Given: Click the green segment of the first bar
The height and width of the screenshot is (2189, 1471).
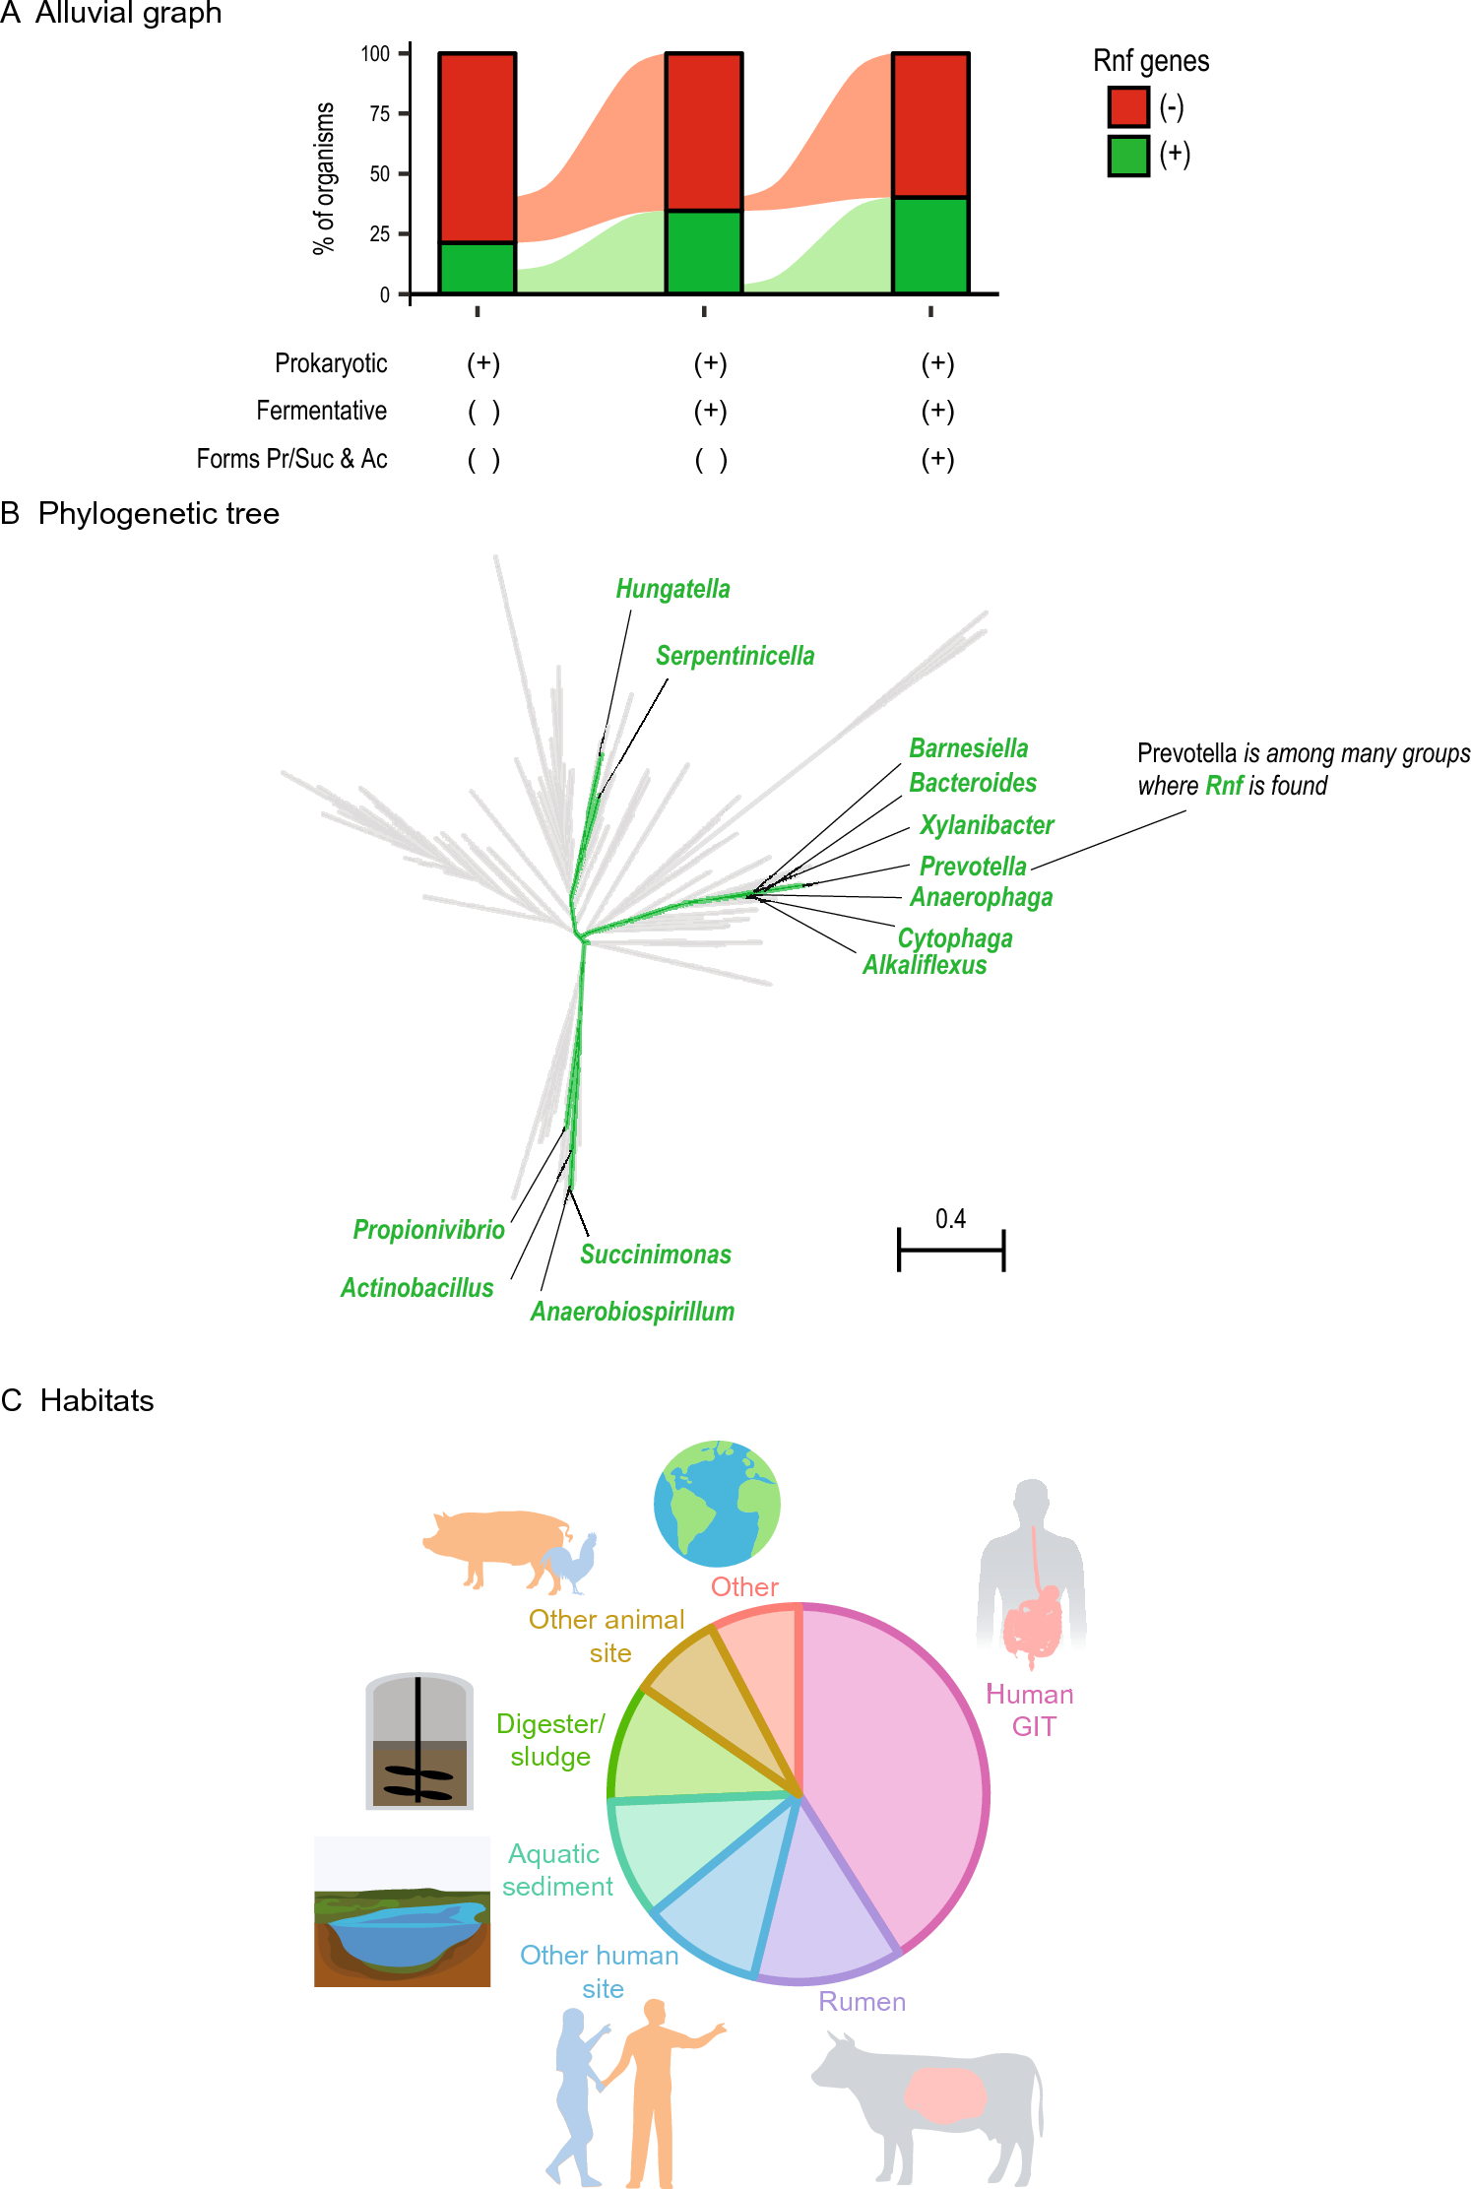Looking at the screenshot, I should click(477, 268).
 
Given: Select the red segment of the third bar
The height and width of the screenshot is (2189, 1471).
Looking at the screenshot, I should click(930, 125).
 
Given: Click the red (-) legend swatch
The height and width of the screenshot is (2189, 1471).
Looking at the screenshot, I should click(1128, 106).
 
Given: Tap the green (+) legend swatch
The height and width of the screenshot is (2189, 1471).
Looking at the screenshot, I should click(1128, 156).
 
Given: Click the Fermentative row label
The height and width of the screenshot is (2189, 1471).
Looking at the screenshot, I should click(321, 411).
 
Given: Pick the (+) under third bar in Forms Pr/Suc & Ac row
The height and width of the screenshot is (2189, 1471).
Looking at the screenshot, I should click(937, 459).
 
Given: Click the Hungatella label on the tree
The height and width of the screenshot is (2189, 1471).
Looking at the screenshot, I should click(672, 589).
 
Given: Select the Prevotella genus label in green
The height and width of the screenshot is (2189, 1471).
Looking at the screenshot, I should click(972, 867).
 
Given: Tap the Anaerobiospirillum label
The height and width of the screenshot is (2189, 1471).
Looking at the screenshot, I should click(632, 1312).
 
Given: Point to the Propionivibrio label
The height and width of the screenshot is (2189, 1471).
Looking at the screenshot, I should click(428, 1230).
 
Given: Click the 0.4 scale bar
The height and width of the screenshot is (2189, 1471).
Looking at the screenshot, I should click(950, 1250).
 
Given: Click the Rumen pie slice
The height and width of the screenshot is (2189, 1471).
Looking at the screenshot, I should click(822, 1900).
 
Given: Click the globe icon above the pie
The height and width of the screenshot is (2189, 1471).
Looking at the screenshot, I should click(717, 1504).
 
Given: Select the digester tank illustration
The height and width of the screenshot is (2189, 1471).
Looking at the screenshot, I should click(419, 1741).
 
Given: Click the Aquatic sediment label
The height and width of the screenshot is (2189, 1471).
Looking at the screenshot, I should click(556, 1870).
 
